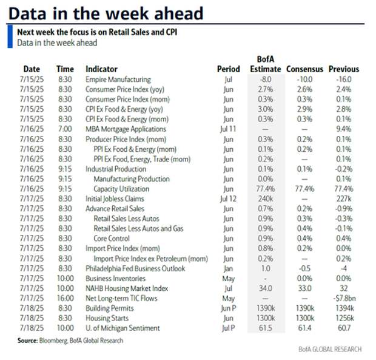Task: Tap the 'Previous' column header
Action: (344, 69)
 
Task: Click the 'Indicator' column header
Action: (101, 69)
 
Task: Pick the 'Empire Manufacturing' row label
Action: (118, 80)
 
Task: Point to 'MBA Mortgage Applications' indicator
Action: (126, 129)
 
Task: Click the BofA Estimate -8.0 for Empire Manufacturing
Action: (266, 80)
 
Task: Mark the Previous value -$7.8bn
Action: (343, 299)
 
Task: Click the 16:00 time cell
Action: (65, 299)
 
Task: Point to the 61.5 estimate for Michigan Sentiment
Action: (266, 328)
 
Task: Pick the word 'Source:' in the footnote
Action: (28, 341)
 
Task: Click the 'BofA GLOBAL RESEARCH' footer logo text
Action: (330, 350)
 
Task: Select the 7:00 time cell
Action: (65, 129)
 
